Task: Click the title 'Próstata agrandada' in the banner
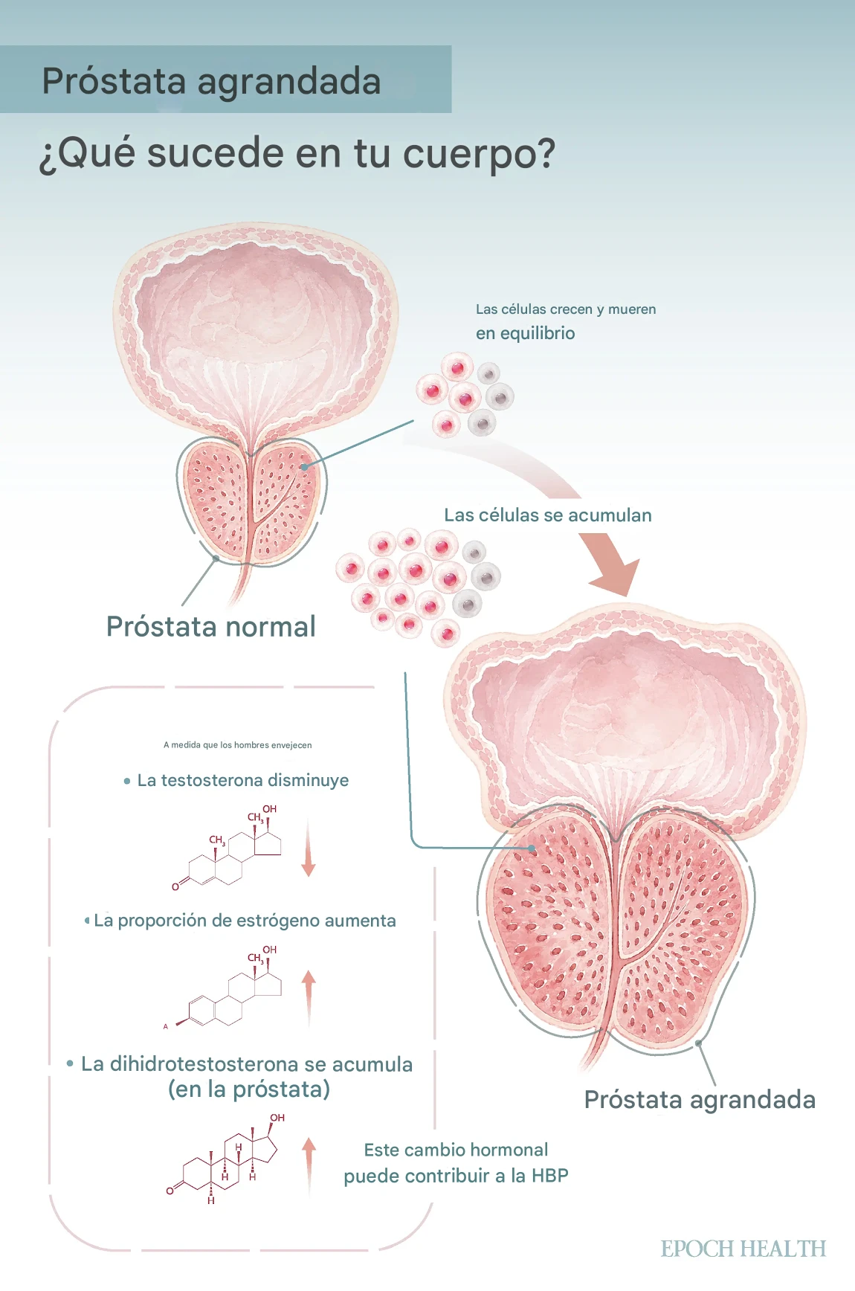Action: [211, 81]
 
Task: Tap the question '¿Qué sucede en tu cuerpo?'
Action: [297, 153]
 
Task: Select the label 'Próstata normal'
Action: [211, 627]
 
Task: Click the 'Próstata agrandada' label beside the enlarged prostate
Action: [700, 1099]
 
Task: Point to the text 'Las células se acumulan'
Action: [547, 515]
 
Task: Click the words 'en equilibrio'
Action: [525, 333]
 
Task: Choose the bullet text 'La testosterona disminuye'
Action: [242, 780]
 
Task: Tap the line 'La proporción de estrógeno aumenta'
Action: [245, 921]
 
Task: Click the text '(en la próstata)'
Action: [249, 1089]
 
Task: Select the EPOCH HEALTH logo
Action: [743, 1249]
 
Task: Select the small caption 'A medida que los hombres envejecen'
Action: [237, 745]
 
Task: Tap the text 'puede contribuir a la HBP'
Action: [456, 1176]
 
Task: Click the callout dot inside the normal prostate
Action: [303, 467]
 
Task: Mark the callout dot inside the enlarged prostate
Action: [532, 848]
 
